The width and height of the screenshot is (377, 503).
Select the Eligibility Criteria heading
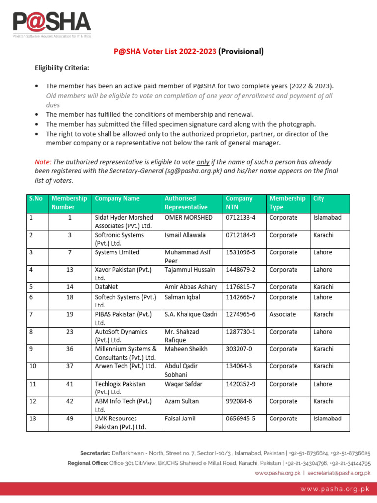pos(61,68)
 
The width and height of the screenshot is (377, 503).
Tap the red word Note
pos(42,162)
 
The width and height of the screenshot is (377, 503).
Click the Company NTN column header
pos(239,203)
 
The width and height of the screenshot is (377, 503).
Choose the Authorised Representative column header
pos(186,203)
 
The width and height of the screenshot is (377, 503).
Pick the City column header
pos(319,198)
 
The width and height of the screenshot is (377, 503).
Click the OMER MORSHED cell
pos(188,217)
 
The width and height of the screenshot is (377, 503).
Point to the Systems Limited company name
pos(117,252)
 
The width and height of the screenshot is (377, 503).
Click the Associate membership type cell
pos(282,314)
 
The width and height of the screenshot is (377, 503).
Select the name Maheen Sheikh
pos(186,349)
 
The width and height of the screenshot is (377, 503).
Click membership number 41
pos(69,384)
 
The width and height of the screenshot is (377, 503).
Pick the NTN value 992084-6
pos(239,401)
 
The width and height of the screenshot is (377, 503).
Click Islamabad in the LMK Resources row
pos(327,419)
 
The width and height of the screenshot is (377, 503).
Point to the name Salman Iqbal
pos(182,297)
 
